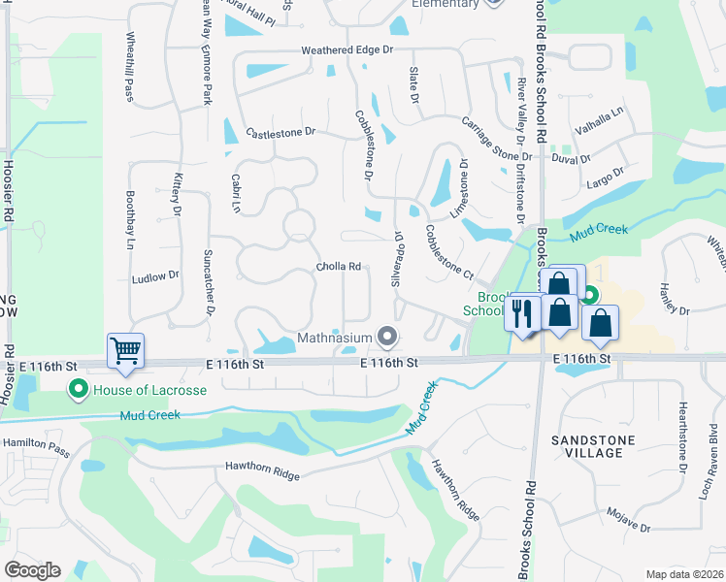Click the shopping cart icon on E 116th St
pos(126,350)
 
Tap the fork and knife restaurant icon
pos(524,313)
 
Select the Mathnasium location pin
pos(388,338)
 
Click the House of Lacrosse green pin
pos(77,390)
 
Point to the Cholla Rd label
pos(339,267)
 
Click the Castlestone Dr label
pos(281,132)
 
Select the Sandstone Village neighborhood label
pos(600,446)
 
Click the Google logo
pos(32,570)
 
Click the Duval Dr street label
pos(571,158)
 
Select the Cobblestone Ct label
pos(448,249)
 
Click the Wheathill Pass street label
pos(129,66)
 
